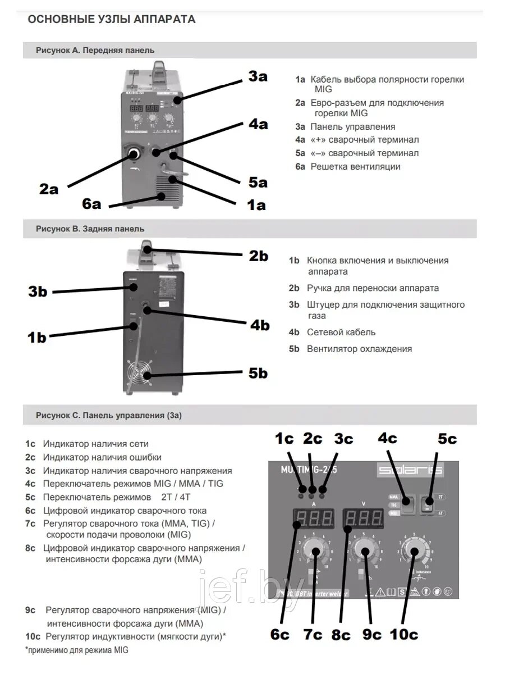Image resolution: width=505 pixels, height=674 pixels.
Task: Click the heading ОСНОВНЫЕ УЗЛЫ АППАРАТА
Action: click(112, 20)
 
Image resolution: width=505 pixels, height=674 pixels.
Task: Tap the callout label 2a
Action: click(49, 189)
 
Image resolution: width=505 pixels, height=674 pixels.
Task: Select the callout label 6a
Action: click(91, 203)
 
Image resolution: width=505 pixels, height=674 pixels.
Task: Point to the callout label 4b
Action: click(259, 325)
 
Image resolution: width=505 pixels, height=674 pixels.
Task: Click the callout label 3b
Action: click(38, 292)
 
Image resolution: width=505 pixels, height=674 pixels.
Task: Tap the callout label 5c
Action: click(447, 438)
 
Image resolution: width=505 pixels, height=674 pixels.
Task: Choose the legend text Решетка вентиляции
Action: click(355, 166)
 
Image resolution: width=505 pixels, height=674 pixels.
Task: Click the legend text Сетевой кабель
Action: click(341, 333)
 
